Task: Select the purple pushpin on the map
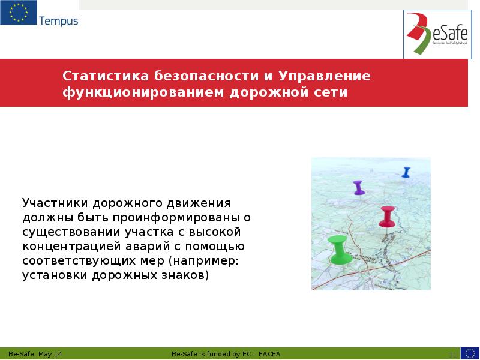pyautogui.click(x=359, y=187)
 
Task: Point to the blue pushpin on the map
pyautogui.click(x=406, y=172)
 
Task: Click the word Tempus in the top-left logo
pyautogui.click(x=58, y=21)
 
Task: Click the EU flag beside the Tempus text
pyautogui.click(x=18, y=13)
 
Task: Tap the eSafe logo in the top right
pyautogui.click(x=436, y=35)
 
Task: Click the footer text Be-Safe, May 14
pyautogui.click(x=35, y=354)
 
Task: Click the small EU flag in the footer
pyautogui.click(x=470, y=353)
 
